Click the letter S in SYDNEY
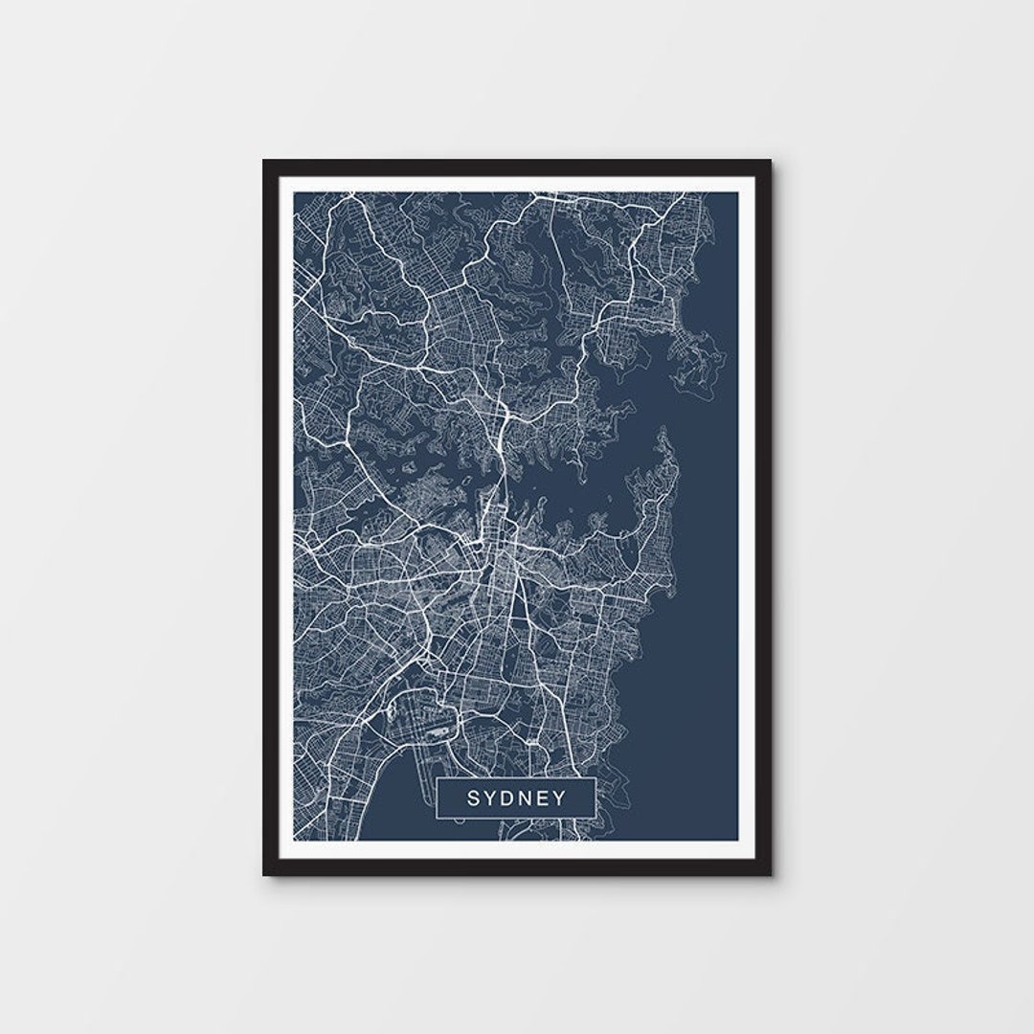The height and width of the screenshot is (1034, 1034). coord(474,798)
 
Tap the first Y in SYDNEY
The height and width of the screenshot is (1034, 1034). coord(493,798)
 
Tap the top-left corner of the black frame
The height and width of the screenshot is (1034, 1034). coord(264,161)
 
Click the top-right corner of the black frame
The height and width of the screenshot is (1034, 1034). coord(770,161)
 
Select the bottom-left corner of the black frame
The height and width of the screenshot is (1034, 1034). coord(264,874)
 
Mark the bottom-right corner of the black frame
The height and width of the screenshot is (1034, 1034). coord(770,874)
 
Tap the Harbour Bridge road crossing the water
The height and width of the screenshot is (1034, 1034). coord(492,498)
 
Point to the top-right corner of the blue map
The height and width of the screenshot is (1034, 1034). coord(738,192)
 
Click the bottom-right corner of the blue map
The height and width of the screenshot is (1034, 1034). coord(738,840)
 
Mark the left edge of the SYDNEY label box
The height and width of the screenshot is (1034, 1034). coord(437,798)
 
